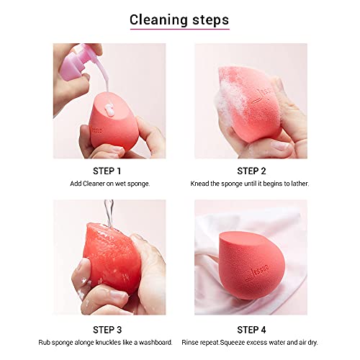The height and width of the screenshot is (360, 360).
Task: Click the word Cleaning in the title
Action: [158, 20]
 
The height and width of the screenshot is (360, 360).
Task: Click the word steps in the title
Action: [210, 20]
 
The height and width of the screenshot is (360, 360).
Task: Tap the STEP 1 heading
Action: [107, 171]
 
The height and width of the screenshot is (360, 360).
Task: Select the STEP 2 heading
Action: [251, 171]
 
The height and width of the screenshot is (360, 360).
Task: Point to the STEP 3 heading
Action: [107, 330]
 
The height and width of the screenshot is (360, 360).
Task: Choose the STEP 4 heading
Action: [251, 330]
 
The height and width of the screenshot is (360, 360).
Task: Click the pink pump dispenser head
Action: [74, 63]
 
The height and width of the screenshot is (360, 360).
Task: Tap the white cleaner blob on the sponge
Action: [109, 109]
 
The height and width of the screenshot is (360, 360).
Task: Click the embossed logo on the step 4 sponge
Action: [257, 272]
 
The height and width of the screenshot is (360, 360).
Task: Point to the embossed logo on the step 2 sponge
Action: [262, 96]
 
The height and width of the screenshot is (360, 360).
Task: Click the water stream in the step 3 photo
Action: [109, 213]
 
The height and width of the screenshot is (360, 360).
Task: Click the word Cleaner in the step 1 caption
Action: [94, 184]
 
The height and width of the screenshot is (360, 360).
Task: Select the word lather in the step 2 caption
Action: [300, 184]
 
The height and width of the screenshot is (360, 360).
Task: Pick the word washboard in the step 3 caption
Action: [156, 342]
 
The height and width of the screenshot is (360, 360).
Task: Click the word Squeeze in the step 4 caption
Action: [232, 343]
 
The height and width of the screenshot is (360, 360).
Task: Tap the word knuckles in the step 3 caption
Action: [108, 342]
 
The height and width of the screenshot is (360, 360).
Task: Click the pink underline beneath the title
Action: [180, 29]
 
